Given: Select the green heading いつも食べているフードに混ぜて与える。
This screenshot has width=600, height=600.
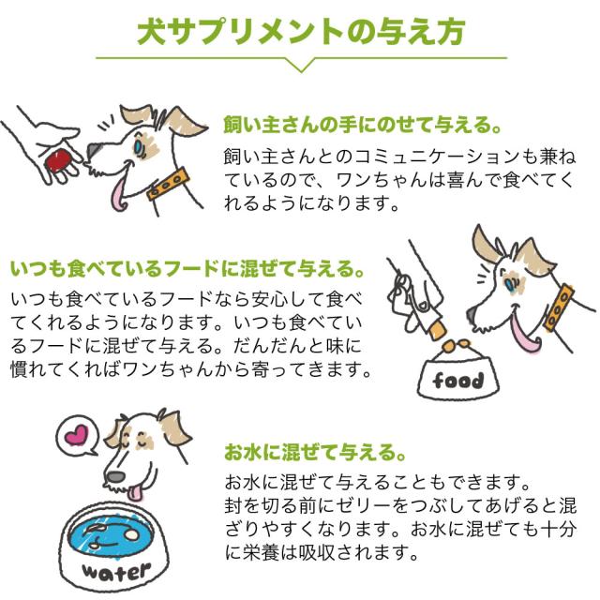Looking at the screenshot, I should [187, 270].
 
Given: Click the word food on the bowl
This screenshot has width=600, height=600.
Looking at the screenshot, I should [458, 380].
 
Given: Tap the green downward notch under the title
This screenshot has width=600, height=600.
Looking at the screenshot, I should [300, 65].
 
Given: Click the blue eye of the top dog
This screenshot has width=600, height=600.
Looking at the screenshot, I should [140, 145].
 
